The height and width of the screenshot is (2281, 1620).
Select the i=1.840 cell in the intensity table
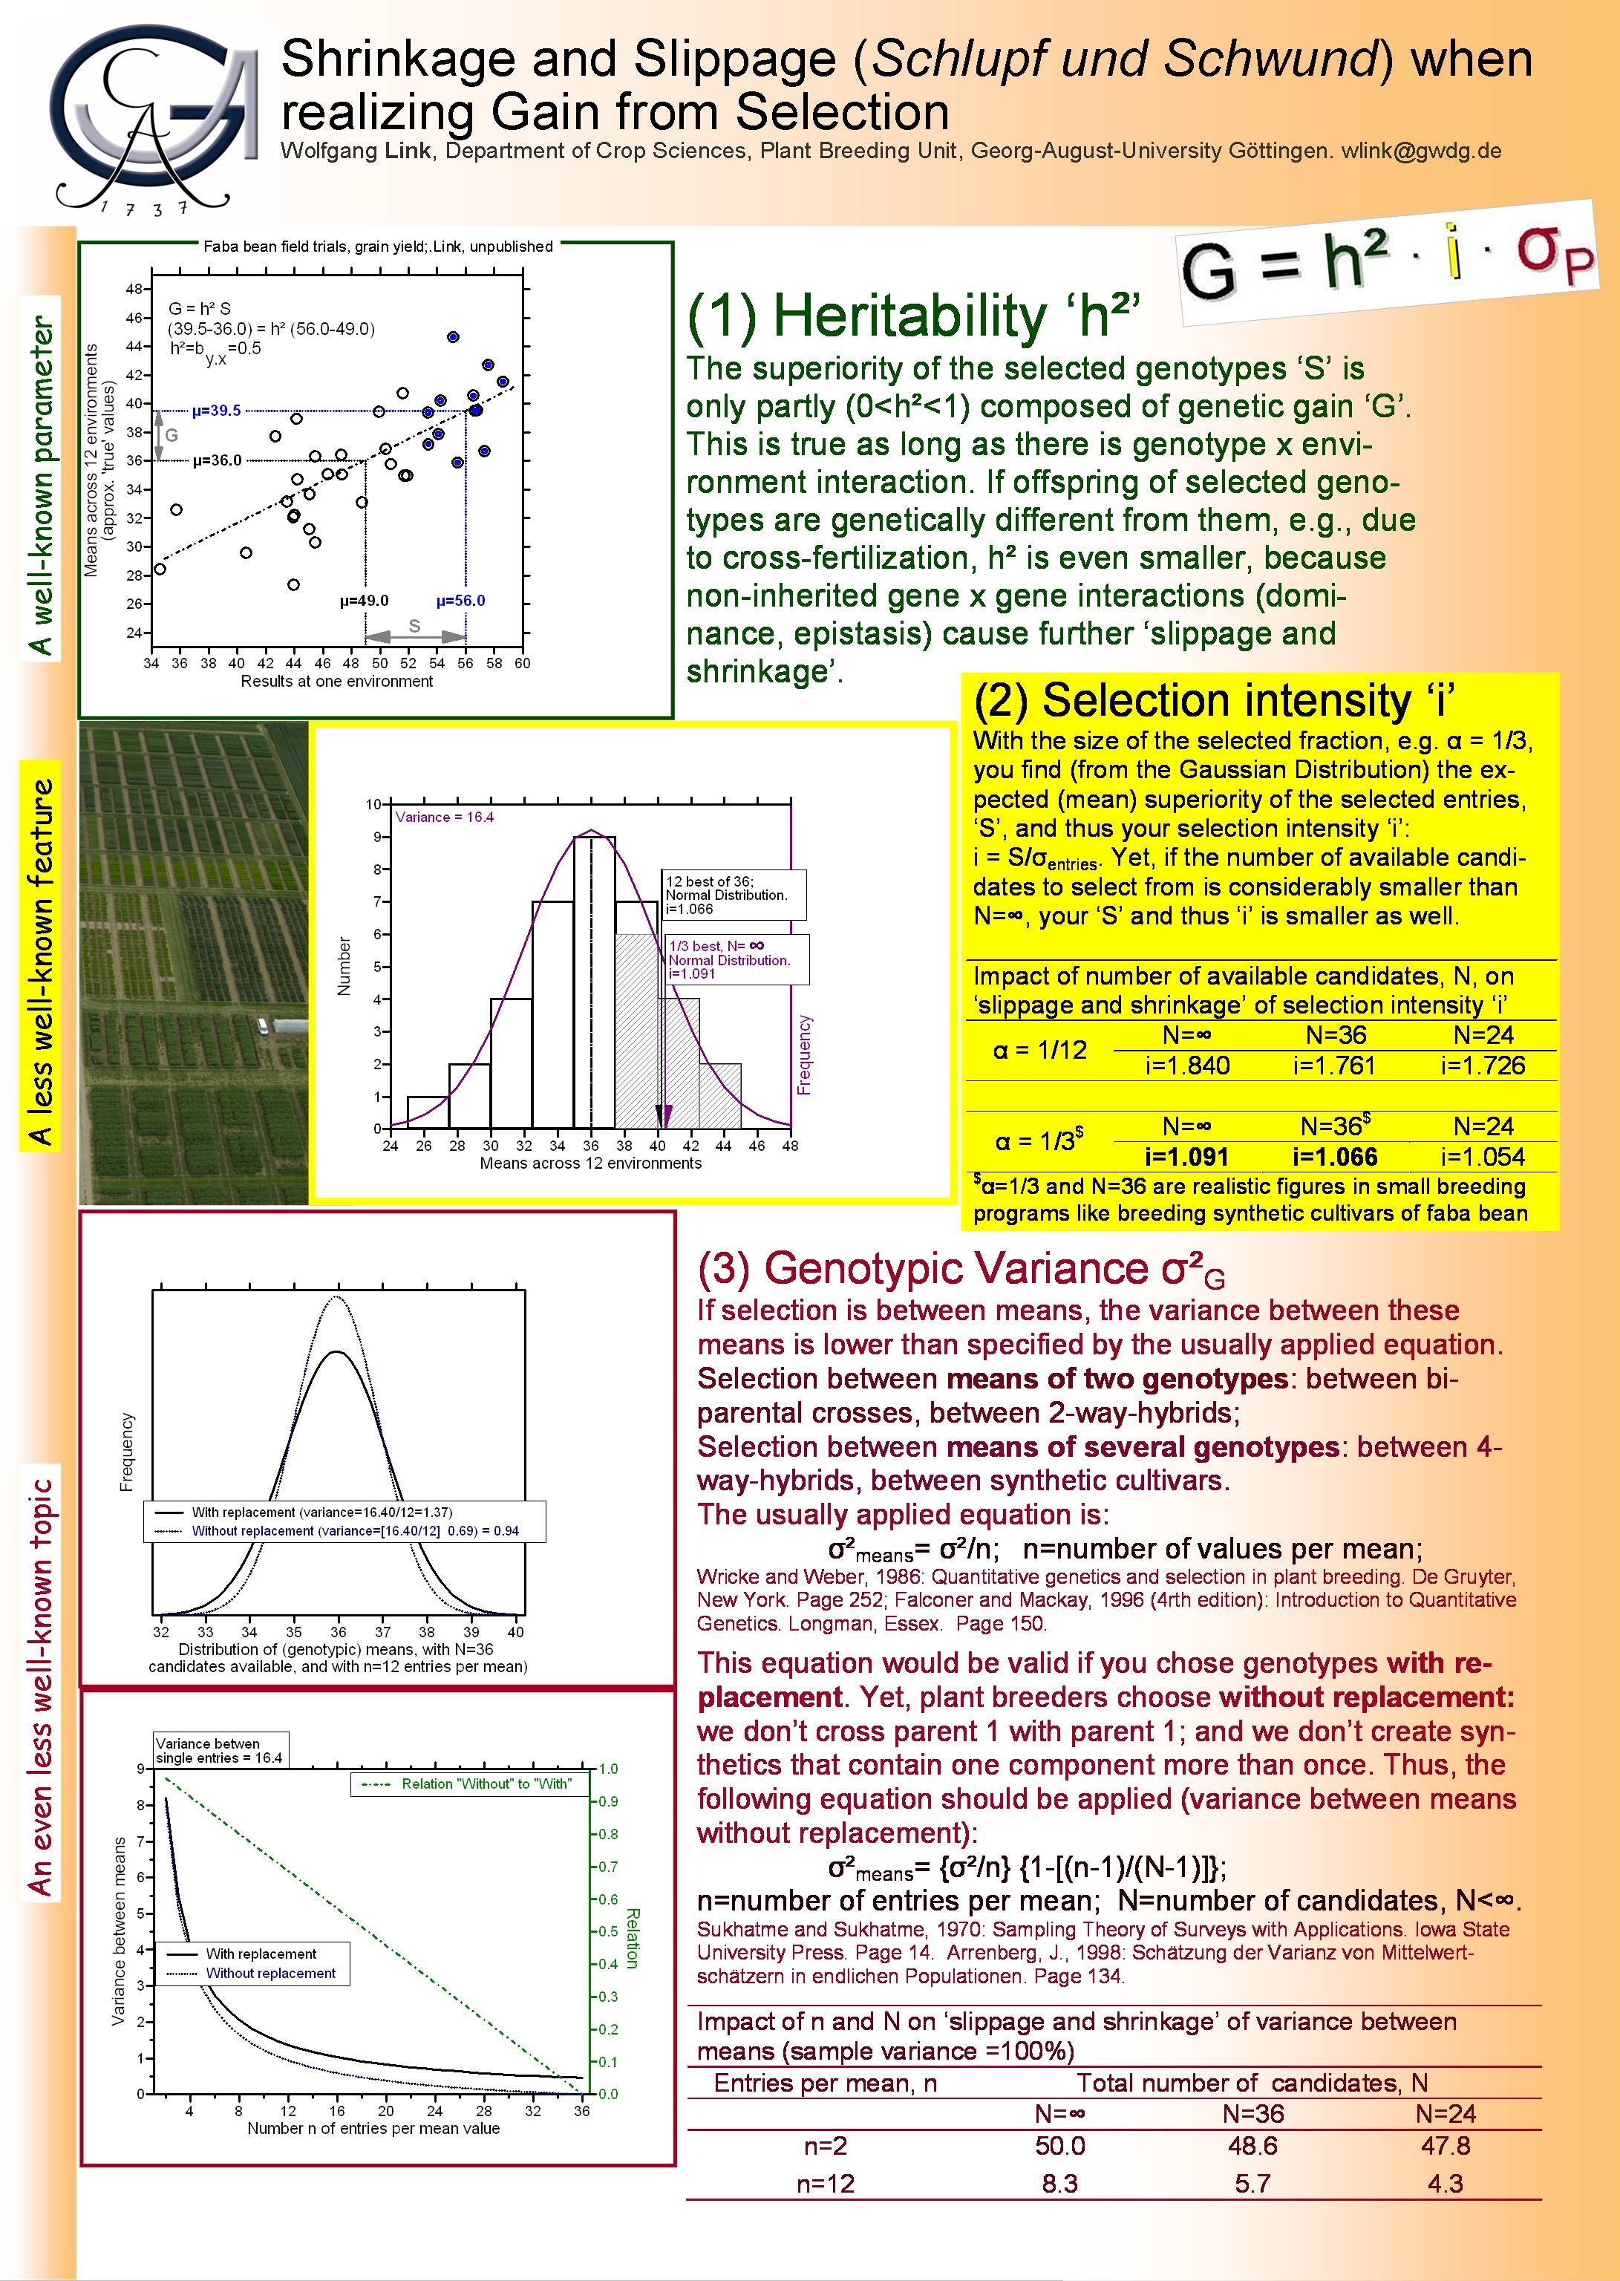coord(1187,1066)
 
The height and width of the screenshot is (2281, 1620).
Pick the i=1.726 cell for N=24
coord(1483,1066)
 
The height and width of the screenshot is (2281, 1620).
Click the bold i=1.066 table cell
coord(1335,1157)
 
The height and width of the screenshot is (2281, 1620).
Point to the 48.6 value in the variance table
coord(1253,2145)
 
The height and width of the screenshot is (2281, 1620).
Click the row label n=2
coord(825,2145)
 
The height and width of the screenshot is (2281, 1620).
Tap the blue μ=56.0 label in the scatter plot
coord(461,601)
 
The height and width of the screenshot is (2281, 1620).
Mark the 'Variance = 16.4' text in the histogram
coord(445,817)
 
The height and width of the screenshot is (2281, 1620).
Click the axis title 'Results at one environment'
coord(336,681)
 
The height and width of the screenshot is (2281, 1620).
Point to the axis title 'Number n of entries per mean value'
coord(373,2127)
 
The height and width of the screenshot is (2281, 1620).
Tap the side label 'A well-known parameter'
coord(40,486)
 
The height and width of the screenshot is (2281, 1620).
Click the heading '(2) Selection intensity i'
coord(1214,700)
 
